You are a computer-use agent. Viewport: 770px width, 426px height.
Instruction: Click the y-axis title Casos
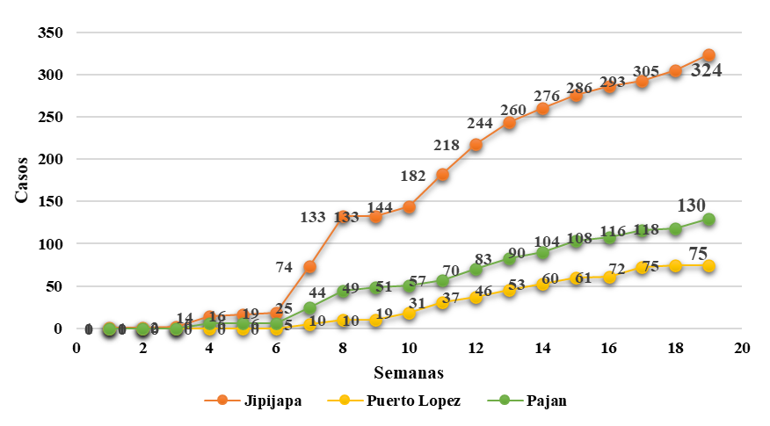(21, 179)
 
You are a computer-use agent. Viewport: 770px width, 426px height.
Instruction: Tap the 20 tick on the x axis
(742, 347)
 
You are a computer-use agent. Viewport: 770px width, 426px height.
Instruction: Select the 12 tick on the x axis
(476, 347)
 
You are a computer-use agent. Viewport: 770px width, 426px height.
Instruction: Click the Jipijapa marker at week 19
(708, 55)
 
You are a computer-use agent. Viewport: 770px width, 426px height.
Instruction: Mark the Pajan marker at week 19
(708, 220)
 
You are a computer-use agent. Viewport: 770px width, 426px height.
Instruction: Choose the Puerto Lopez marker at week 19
(708, 265)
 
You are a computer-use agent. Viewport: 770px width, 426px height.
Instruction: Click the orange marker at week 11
(442, 175)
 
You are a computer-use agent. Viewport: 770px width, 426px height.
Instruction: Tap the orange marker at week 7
(309, 266)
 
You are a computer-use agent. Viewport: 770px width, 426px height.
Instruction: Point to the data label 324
(706, 71)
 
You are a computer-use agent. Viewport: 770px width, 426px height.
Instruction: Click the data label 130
(694, 206)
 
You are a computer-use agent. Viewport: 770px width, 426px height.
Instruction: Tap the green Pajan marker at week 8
(343, 292)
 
